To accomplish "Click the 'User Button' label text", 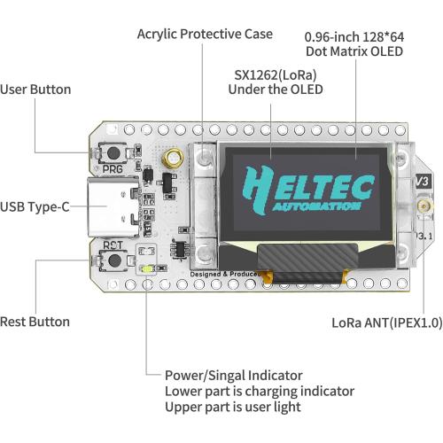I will [36, 89].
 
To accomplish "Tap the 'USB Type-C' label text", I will [35, 207].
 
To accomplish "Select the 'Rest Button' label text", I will [35, 322].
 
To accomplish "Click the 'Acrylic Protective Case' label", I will [205, 35].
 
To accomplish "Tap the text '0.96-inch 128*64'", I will [354, 37].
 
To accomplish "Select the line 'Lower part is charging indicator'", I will [259, 391].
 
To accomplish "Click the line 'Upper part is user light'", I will [232, 407].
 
